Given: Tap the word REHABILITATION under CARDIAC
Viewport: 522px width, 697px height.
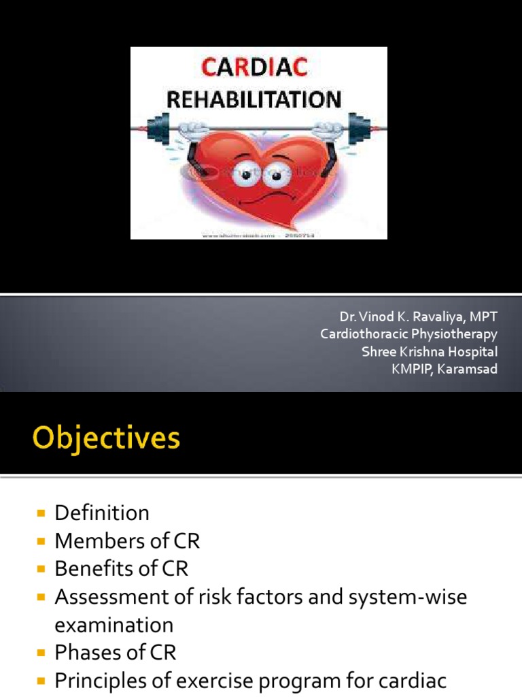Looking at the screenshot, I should pyautogui.click(x=254, y=100).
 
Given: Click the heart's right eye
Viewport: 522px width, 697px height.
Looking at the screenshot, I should pyautogui.click(x=275, y=176).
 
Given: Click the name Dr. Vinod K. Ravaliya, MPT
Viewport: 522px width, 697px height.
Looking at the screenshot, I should pyautogui.click(x=419, y=317).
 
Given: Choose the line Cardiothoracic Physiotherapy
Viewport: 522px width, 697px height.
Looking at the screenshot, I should pyautogui.click(x=409, y=334).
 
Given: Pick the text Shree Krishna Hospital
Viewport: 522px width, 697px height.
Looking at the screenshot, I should pyautogui.click(x=430, y=352).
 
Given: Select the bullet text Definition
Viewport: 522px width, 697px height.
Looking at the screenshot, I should pyautogui.click(x=102, y=513).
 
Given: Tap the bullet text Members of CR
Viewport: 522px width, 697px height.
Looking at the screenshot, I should pyautogui.click(x=127, y=541).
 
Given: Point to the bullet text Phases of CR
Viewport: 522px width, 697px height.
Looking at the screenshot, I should pyautogui.click(x=115, y=653).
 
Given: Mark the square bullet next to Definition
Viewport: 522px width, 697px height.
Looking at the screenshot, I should pyautogui.click(x=42, y=513).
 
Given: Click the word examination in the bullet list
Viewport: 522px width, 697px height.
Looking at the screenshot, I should pyautogui.click(x=114, y=625).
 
